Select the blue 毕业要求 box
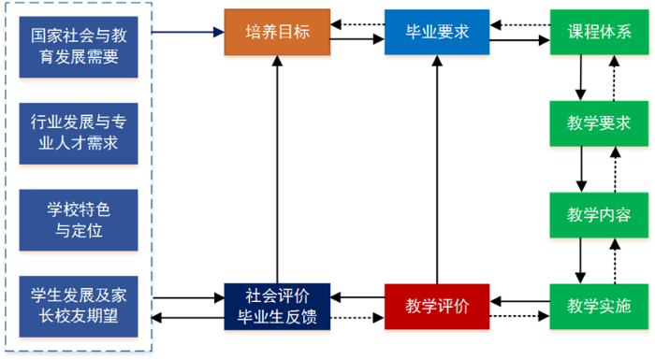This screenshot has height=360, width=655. pyautogui.click(x=436, y=31)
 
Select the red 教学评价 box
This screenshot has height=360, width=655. pyautogui.click(x=436, y=305)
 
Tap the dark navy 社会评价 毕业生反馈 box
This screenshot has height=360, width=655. pyautogui.click(x=276, y=305)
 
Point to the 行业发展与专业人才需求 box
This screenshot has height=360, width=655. pyautogui.click(x=79, y=132)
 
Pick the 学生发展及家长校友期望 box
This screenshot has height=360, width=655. pyautogui.click(x=79, y=305)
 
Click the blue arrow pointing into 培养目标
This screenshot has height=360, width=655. pyautogui.click(x=186, y=32)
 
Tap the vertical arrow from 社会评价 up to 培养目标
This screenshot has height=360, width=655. pyautogui.click(x=277, y=168)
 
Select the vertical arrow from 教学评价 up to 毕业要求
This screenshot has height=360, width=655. pyautogui.click(x=437, y=168)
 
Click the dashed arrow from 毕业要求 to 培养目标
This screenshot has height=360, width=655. pyautogui.click(x=358, y=24)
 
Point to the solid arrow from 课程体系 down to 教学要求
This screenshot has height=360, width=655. pyautogui.click(x=582, y=77)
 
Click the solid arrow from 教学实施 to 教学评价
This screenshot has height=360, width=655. pyautogui.click(x=520, y=300)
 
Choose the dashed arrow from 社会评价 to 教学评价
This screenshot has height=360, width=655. pyautogui.click(x=358, y=317)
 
